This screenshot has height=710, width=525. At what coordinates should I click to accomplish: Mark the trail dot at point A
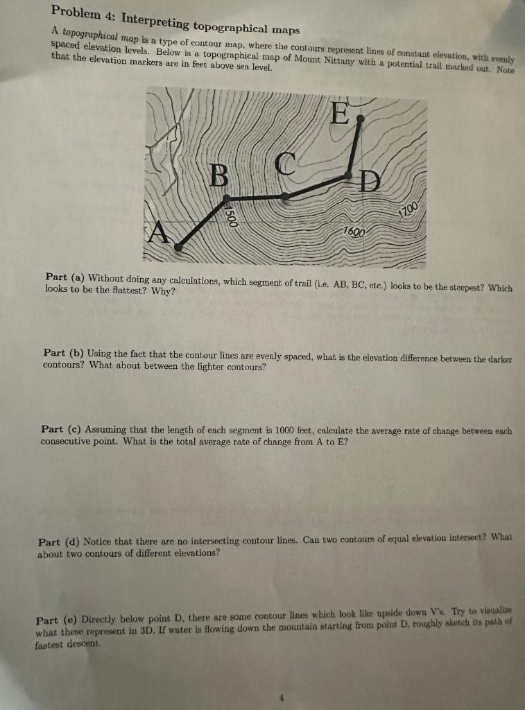[x=178, y=246]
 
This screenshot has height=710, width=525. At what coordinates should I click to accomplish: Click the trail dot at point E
[x=359, y=119]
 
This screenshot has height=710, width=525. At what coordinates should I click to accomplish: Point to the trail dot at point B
[x=226, y=200]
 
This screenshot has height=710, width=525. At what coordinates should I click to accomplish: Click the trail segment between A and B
[x=202, y=223]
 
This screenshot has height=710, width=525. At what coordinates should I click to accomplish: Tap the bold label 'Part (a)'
[x=66, y=279]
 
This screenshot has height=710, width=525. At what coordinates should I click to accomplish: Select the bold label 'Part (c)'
[x=62, y=430]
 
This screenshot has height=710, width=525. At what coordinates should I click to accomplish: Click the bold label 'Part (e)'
[x=57, y=620]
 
